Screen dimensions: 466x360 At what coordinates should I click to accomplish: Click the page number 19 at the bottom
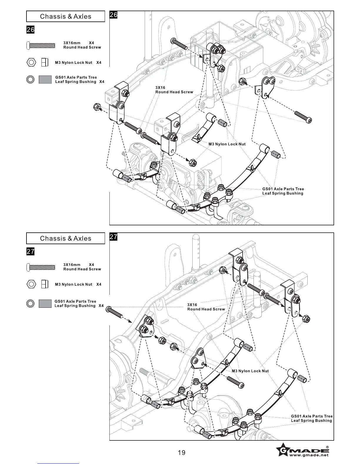click(181, 452)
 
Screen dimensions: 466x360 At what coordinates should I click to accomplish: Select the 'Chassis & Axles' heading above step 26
click(66, 16)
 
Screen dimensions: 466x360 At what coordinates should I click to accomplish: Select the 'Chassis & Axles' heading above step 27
click(66, 238)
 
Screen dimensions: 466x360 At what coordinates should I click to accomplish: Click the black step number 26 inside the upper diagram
click(114, 15)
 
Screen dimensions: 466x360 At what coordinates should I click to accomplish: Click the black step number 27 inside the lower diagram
click(114, 237)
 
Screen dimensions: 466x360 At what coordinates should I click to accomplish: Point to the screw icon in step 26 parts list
click(41, 45)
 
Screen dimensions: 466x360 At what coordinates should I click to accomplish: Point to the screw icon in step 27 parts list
click(41, 267)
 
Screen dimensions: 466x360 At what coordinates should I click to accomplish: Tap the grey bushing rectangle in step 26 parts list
click(45, 79)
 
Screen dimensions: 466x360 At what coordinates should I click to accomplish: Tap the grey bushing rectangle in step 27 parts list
click(45, 303)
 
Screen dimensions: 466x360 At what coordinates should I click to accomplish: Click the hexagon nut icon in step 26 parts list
click(31, 62)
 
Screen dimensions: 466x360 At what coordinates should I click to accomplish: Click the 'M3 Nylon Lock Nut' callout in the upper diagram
click(227, 144)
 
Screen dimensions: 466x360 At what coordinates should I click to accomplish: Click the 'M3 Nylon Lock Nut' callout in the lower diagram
click(250, 371)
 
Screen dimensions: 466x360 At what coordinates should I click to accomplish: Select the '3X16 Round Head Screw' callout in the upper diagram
click(174, 90)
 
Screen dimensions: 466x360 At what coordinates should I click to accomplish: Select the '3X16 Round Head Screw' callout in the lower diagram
click(206, 307)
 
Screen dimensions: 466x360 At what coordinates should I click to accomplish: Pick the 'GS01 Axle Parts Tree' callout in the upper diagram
click(283, 189)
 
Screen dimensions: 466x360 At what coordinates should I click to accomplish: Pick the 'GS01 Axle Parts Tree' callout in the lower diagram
click(312, 416)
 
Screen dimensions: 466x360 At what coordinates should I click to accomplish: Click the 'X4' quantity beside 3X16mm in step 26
click(91, 43)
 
